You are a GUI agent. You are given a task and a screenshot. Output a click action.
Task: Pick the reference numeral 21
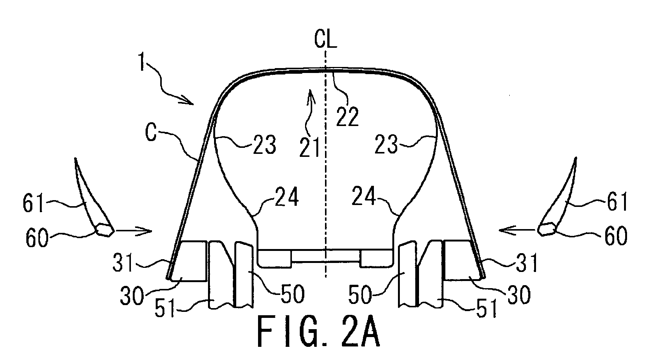click(x=310, y=146)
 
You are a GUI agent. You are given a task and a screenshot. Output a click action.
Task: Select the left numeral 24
click(x=287, y=197)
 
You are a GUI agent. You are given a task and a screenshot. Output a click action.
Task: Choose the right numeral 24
click(x=364, y=197)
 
